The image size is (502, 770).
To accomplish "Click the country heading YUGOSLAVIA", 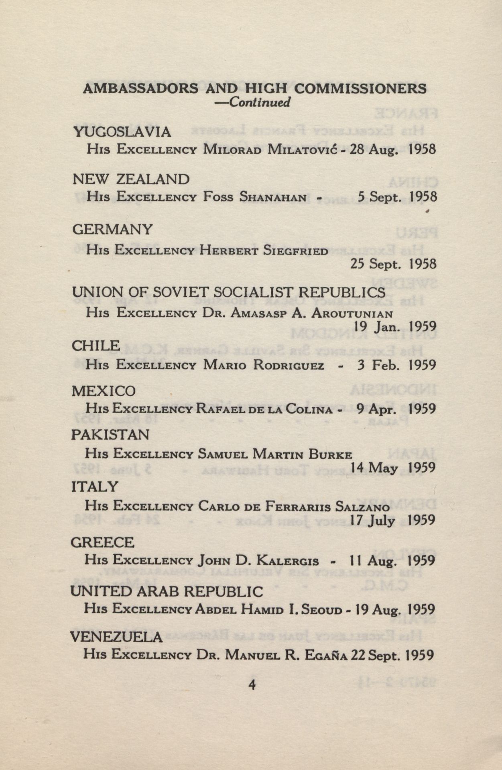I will (122, 132).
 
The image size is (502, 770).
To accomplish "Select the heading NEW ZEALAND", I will (131, 179).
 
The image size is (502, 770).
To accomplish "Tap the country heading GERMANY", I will (112, 229).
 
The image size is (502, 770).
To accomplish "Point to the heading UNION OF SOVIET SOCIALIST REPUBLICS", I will (228, 292).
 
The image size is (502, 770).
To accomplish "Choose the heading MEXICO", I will (104, 391).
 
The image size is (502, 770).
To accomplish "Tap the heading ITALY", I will (94, 487).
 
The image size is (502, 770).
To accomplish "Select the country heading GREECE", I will (102, 542).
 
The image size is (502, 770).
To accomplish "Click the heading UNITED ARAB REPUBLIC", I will (167, 591).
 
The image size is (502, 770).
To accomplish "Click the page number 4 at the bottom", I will (252, 684).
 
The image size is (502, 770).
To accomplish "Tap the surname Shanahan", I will (273, 197).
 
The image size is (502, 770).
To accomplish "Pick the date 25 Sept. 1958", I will (393, 264).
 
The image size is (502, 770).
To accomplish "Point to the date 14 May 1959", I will (393, 468).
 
